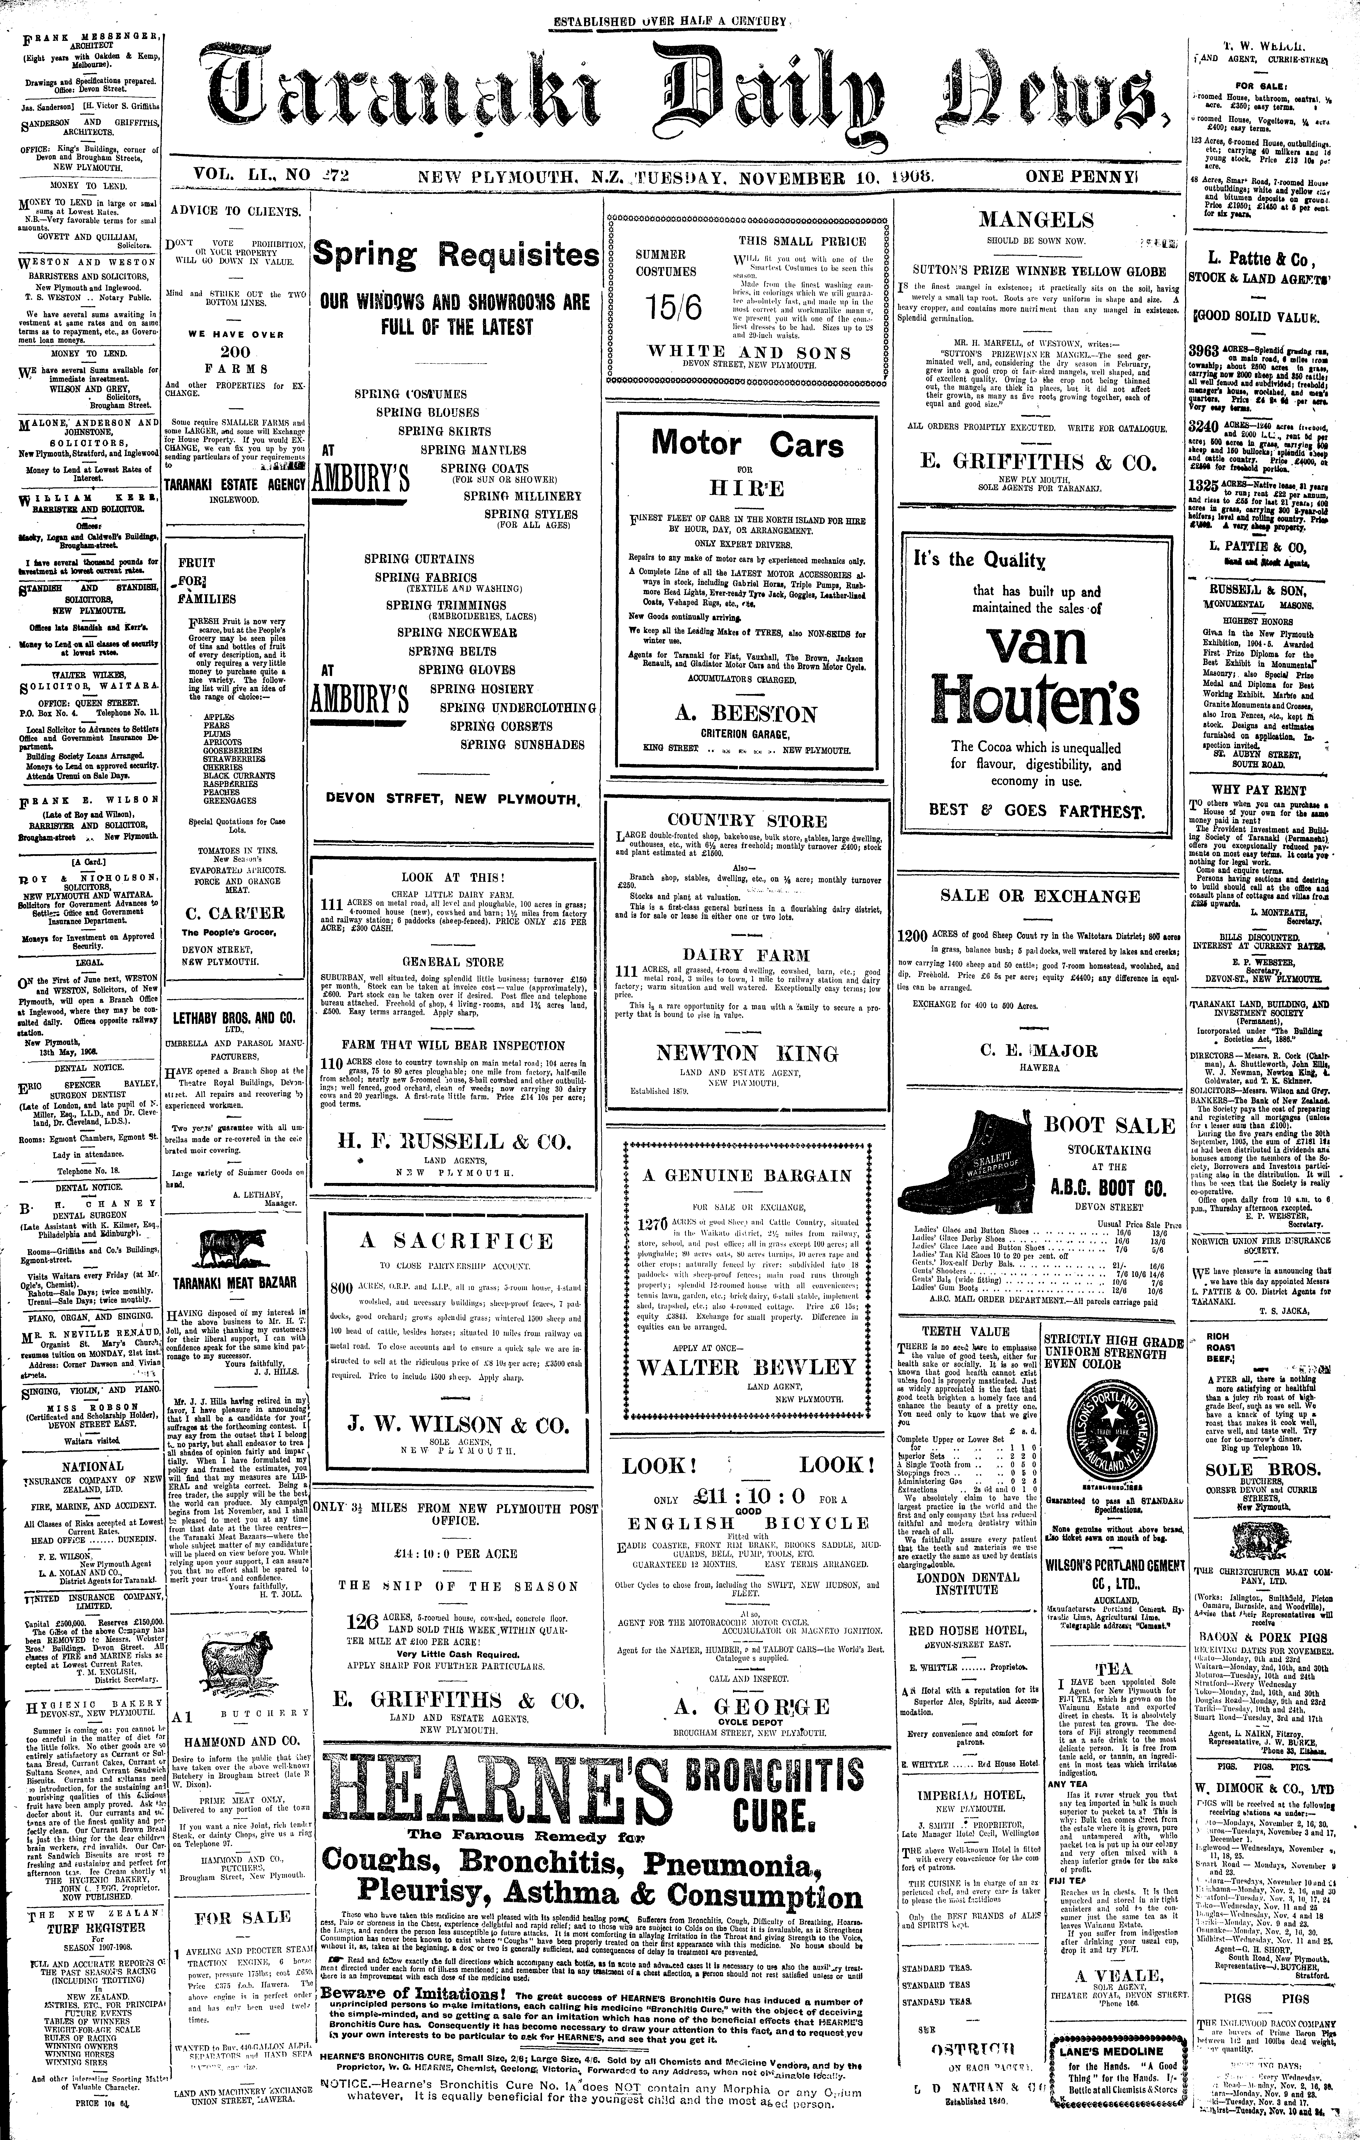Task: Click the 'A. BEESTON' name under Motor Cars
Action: (746, 715)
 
